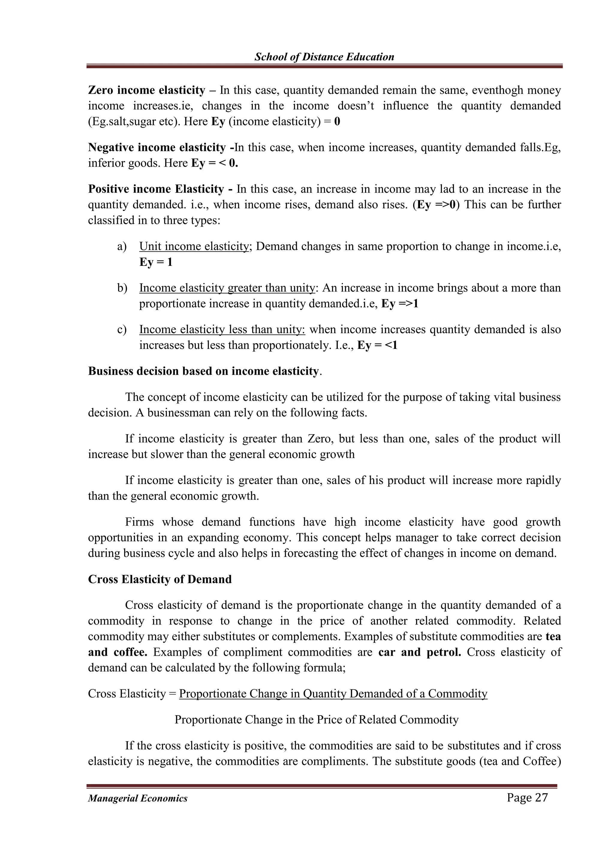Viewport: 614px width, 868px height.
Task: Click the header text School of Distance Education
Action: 324,57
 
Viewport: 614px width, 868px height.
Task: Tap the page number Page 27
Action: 527,797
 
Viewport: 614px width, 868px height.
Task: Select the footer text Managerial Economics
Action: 138,798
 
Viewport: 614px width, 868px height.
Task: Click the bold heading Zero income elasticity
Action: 146,90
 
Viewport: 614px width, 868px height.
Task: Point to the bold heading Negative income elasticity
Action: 157,147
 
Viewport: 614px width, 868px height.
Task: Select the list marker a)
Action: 122,246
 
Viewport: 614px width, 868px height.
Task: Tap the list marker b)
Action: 122,288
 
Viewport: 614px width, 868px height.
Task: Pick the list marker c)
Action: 122,330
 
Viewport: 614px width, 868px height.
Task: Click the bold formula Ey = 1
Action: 156,262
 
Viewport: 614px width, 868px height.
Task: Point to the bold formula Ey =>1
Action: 400,304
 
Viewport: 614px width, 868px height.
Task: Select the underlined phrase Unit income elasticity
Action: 193,246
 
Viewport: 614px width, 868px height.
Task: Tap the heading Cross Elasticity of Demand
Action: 159,579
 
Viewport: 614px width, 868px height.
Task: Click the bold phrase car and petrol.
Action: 419,652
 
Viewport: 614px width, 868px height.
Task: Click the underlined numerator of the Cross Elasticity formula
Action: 333,694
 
